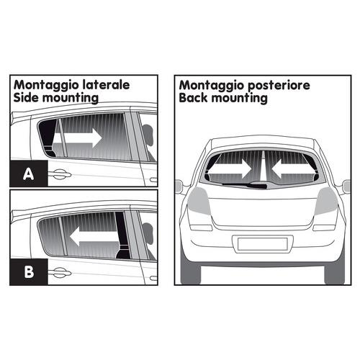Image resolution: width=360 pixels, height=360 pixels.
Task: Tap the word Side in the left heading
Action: (x=26, y=96)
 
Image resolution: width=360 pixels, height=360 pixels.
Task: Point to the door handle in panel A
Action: (x=60, y=174)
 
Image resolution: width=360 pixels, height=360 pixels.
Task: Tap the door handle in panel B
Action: (x=60, y=272)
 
